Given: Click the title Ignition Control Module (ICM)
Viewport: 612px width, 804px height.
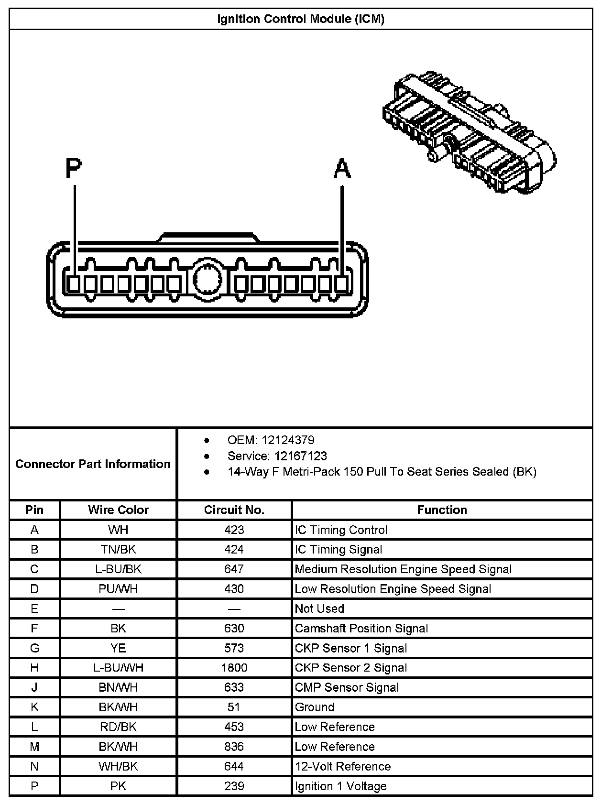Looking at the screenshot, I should coord(301,19).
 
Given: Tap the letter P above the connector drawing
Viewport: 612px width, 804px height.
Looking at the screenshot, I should coord(74,168).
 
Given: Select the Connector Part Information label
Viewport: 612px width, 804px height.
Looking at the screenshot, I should coord(93,464).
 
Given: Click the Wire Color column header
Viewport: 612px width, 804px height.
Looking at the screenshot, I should coord(118,510).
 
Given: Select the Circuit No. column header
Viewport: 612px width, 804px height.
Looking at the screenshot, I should coord(234,510).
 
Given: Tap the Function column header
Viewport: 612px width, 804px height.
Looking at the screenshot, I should coord(442,510).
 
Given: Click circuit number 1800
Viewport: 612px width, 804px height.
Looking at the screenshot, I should coord(234,667).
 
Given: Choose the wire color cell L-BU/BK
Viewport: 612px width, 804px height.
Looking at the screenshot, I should coord(118,569).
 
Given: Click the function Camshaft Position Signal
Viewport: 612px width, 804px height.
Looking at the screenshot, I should coord(361,628).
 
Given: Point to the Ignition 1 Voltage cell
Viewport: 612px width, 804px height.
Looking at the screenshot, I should coord(340,786).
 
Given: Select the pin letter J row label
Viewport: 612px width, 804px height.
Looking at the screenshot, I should coord(34,687).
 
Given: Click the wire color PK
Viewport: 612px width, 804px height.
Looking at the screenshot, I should coord(118,786).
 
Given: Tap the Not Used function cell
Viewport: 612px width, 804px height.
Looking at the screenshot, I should coord(319,608).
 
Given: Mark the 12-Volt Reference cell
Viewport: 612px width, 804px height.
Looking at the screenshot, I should coord(343,766).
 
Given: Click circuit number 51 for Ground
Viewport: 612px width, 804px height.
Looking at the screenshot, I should coord(234,707).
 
